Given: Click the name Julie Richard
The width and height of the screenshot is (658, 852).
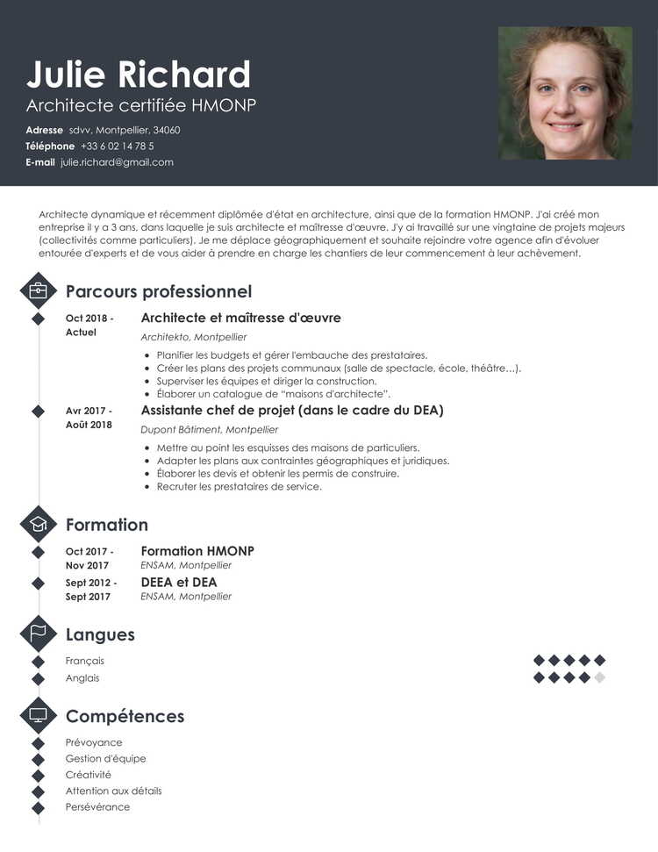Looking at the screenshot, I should click(139, 75).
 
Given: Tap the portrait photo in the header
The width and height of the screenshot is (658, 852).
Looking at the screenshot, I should click(565, 93).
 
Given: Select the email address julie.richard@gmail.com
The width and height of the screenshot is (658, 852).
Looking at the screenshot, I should click(117, 162).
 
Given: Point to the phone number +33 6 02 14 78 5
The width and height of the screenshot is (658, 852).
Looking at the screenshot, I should click(117, 146).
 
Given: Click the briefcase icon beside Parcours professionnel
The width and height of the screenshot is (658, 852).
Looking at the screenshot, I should click(38, 290).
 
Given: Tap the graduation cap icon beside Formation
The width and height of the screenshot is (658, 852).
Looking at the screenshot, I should click(38, 525).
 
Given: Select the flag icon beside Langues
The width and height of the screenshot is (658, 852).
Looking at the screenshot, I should click(38, 634).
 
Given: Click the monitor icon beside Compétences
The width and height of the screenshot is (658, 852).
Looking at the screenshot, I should click(38, 716).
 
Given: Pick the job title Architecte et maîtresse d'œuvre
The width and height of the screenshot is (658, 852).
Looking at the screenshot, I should click(240, 318).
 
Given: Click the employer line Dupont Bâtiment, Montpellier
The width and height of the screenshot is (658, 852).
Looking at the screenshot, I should click(209, 430).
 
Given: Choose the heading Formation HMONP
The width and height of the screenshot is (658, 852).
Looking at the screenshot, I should click(197, 551).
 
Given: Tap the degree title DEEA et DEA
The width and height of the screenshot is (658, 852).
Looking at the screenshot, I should click(179, 582).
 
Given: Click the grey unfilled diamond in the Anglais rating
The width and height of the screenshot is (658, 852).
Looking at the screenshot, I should click(599, 677).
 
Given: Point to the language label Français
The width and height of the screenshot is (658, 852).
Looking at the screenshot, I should click(85, 661).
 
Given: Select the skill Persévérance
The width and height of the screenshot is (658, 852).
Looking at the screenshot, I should click(97, 807).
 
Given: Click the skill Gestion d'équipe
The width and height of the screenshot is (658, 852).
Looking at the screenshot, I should click(105, 759).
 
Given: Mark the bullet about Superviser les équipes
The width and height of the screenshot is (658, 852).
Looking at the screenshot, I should click(266, 382).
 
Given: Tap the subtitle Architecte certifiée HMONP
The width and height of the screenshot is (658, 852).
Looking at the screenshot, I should click(141, 106).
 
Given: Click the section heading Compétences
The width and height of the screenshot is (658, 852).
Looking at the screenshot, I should click(125, 716).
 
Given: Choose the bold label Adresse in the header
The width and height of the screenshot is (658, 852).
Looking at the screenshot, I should click(44, 130).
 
